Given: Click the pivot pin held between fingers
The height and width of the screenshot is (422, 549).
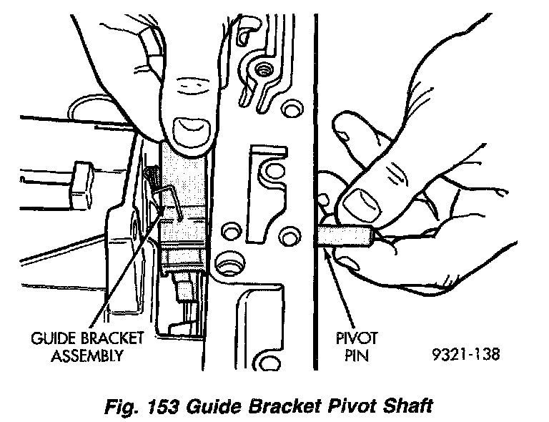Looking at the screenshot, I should point(347,235).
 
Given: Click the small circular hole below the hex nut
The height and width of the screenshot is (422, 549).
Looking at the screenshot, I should point(290,109).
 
